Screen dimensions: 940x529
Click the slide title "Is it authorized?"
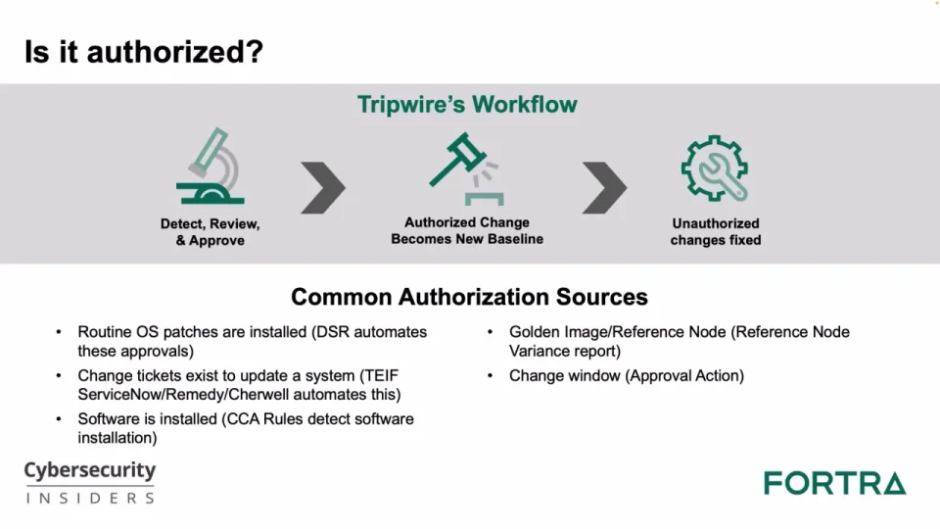144,52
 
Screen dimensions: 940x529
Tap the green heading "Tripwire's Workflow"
468,105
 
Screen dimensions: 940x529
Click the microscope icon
211,167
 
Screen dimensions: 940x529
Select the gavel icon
467,169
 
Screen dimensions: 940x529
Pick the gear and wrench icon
715,168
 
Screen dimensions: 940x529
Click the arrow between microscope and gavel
324,187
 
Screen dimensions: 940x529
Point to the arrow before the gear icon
605,187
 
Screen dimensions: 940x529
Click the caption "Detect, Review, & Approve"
210,232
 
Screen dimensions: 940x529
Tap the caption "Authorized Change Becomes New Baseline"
467,231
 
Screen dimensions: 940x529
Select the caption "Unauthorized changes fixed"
716,231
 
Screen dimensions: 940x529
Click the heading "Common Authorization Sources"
469,297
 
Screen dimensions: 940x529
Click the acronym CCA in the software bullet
241,419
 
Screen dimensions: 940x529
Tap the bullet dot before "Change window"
491,376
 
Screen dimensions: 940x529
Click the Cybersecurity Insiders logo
90,482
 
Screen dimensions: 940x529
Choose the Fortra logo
835,483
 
